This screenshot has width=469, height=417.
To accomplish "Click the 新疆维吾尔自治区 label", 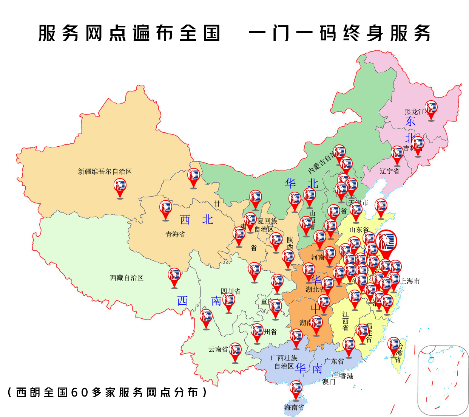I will coord(105,172).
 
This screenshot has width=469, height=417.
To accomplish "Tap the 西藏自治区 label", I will coord(127,278).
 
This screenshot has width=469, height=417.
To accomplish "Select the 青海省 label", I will coord(175,234).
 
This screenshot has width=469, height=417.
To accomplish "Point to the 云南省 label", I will coord(218,349).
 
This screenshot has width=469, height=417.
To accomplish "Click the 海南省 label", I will coord(294,408).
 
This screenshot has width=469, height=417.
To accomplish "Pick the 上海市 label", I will coord(410,281).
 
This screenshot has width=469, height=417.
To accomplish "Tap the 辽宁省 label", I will coord(389,171).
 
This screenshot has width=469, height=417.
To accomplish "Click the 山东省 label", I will coord(359,230).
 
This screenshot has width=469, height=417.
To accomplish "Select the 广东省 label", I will coord(334,361).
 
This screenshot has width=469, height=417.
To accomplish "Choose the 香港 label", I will coord(347,376).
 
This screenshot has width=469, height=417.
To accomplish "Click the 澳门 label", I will coord(329,382).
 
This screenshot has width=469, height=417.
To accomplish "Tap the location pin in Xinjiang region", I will coord(120,187).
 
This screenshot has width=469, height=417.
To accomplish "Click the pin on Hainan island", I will coord(296,389).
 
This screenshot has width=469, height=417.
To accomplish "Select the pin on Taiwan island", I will coord(394,346).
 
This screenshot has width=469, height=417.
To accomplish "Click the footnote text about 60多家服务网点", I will coord(107,392).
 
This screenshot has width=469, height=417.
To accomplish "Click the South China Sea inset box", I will coord(443,380).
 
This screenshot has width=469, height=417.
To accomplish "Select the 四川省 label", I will coord(230,291).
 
